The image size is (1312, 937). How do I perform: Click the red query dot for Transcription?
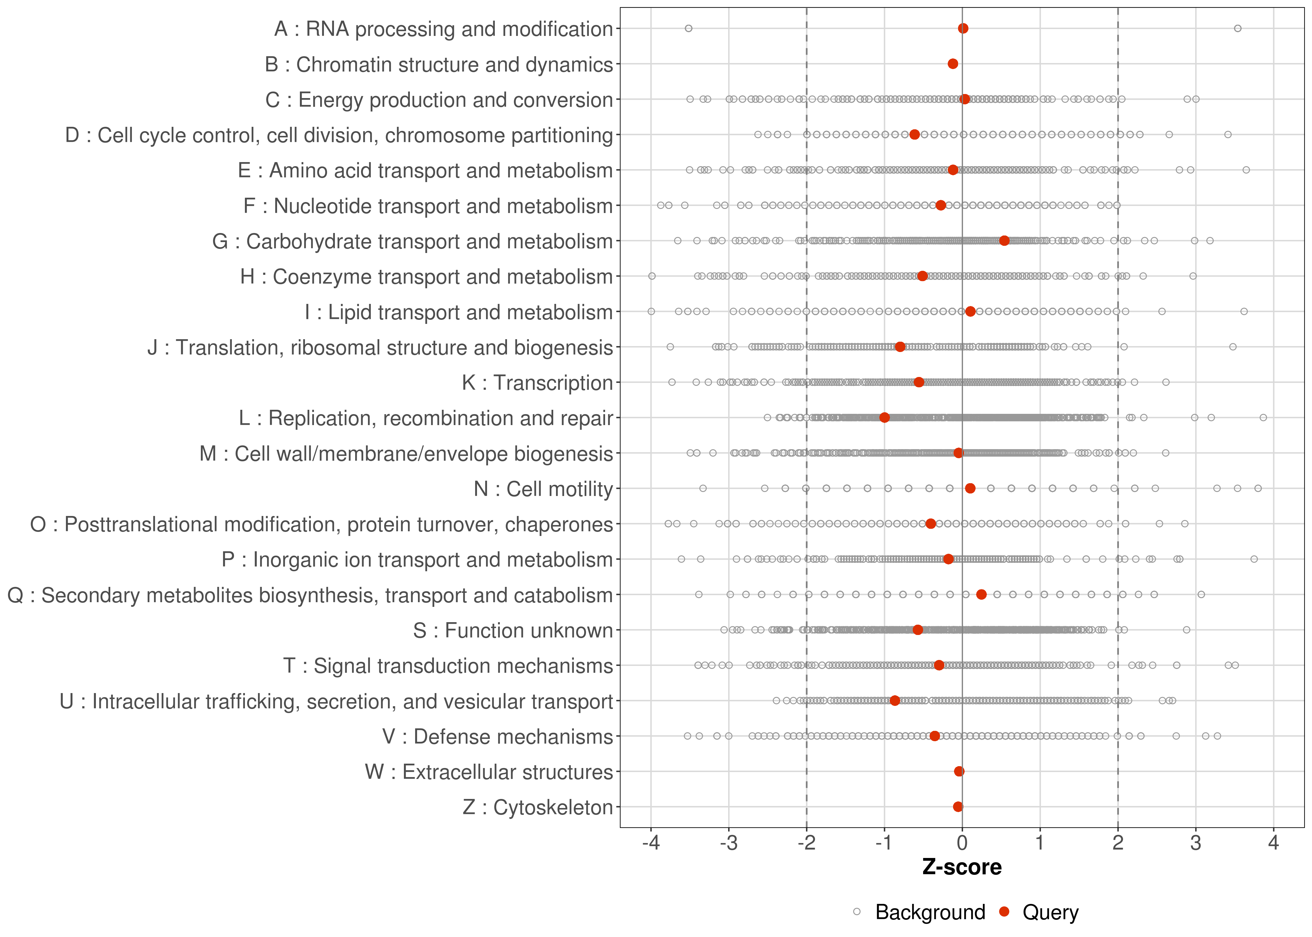tap(918, 382)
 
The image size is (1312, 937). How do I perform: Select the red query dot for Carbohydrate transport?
tap(1004, 240)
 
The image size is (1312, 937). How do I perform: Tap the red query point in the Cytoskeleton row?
tap(958, 807)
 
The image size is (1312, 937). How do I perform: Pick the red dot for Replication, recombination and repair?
tap(884, 417)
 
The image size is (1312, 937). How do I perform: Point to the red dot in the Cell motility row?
tap(970, 488)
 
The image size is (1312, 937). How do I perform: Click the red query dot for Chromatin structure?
tap(952, 63)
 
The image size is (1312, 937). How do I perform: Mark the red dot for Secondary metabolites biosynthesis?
tap(981, 594)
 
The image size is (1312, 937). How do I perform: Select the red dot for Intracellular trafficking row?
tap(894, 701)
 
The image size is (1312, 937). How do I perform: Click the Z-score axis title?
tap(962, 867)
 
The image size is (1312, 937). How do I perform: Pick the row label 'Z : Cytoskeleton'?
tap(537, 807)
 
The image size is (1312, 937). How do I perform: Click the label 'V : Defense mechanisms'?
tap(497, 737)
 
